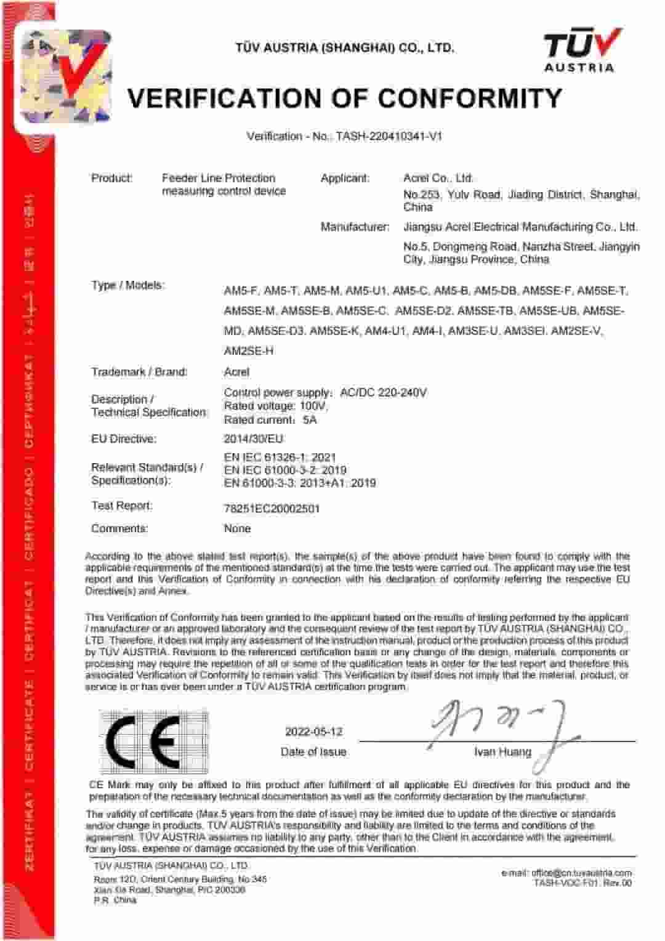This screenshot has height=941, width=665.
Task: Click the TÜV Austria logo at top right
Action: pyautogui.click(x=579, y=51)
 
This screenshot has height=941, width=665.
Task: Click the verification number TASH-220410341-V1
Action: pyautogui.click(x=389, y=136)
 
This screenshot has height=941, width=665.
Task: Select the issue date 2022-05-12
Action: pyautogui.click(x=313, y=732)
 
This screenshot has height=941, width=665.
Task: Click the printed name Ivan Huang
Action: pyautogui.click(x=502, y=752)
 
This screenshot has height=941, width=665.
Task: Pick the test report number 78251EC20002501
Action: pyautogui.click(x=272, y=509)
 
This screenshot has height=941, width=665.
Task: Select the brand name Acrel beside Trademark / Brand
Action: pyautogui.click(x=236, y=372)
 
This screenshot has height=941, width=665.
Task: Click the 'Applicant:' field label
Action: pyautogui.click(x=345, y=178)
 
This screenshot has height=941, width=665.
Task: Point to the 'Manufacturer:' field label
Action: pyautogui.click(x=355, y=227)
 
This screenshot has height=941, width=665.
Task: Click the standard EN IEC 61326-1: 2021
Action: pyautogui.click(x=280, y=457)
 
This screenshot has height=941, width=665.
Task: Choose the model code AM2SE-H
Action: pyautogui.click(x=249, y=351)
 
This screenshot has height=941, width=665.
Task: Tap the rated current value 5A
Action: pyautogui.click(x=310, y=420)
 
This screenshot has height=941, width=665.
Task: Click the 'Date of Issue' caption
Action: pyautogui.click(x=313, y=752)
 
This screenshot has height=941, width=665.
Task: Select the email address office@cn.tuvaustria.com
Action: pyautogui.click(x=566, y=873)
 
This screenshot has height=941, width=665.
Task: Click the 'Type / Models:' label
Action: pyautogui.click(x=128, y=285)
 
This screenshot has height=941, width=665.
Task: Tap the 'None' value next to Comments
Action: pyautogui.click(x=237, y=528)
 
